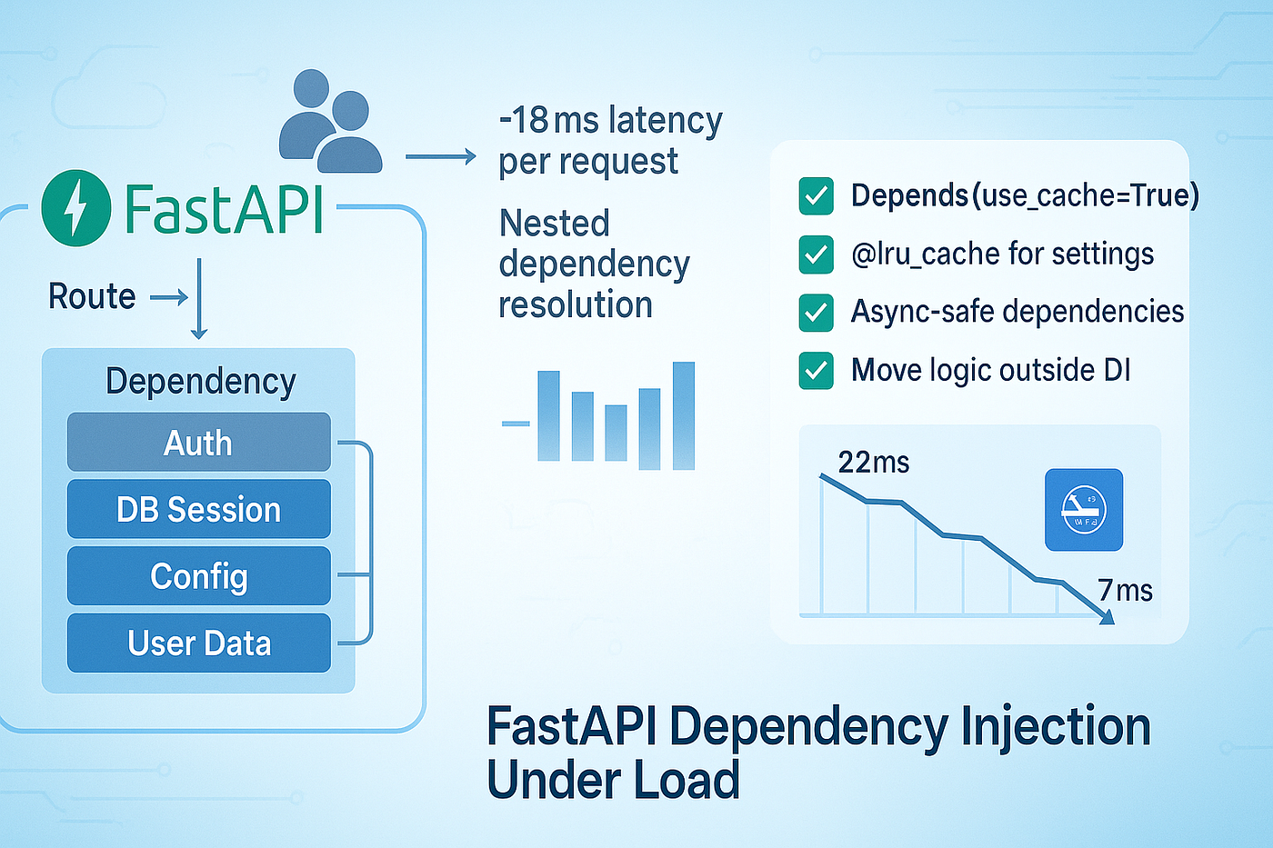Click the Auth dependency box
(x=198, y=443)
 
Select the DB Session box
(x=198, y=510)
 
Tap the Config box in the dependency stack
(x=198, y=576)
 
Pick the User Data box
(x=198, y=643)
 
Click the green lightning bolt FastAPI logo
(x=76, y=207)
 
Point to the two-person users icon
(x=330, y=122)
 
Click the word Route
(x=92, y=296)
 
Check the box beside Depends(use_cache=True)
(x=816, y=195)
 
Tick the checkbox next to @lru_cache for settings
(x=816, y=254)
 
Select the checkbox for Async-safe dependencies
(x=816, y=313)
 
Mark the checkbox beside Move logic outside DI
(x=816, y=371)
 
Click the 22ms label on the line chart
(x=873, y=463)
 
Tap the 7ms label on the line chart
(x=1125, y=591)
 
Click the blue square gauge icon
(x=1084, y=510)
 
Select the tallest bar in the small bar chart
(x=684, y=415)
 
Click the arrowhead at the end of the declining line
(x=1107, y=618)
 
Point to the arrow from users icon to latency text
(x=440, y=157)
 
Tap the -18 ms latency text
(x=610, y=120)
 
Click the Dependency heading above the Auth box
(x=200, y=382)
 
